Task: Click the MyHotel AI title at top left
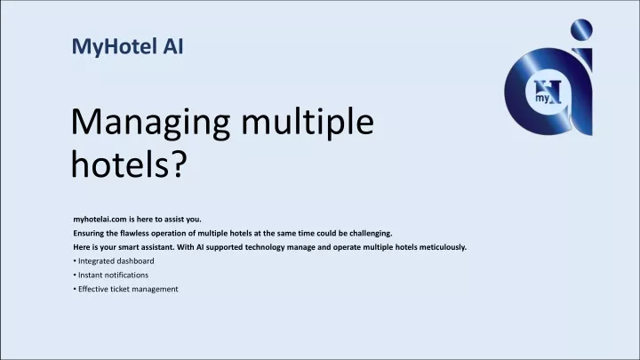[x=127, y=46]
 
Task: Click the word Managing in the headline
[x=150, y=124]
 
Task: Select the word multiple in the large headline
[x=308, y=124]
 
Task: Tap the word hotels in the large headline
[x=120, y=164]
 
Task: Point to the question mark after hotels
[x=180, y=164]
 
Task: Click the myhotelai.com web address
[x=100, y=220]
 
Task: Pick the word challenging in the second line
[x=370, y=234]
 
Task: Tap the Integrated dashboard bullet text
[x=116, y=261]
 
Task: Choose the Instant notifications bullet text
[x=113, y=275]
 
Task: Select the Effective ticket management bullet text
[x=128, y=289]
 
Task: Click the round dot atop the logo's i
[x=581, y=29]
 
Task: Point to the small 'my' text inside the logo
[x=542, y=99]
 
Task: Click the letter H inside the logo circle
[x=549, y=91]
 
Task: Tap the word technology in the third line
[x=265, y=247]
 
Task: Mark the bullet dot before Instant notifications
[x=75, y=275]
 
